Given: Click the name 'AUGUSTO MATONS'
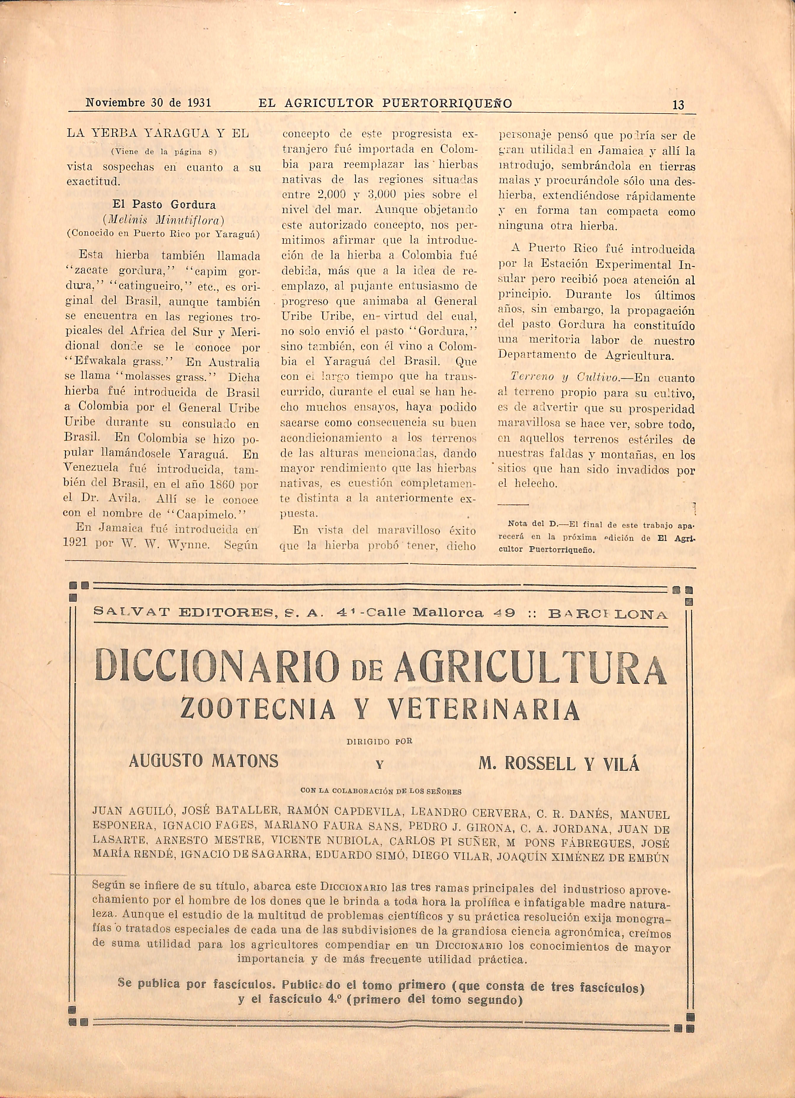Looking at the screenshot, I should coord(204,761).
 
